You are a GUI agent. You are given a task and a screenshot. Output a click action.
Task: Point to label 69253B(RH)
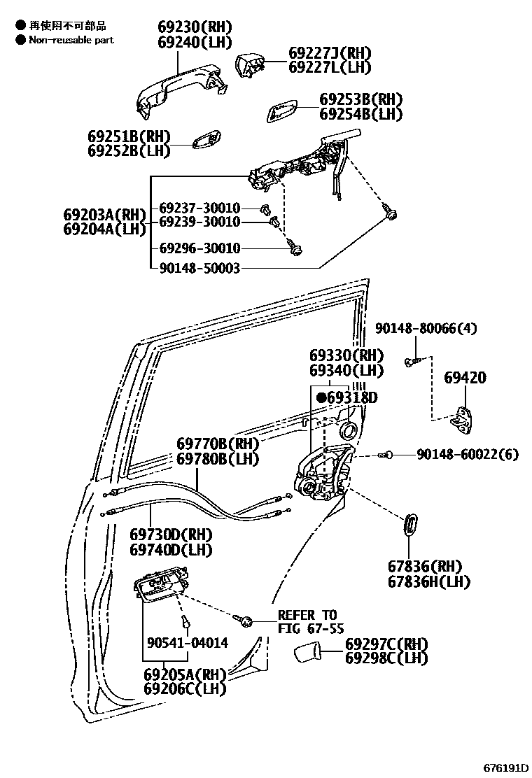pos(361,99)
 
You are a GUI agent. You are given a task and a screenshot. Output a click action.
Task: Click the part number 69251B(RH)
pos(129,136)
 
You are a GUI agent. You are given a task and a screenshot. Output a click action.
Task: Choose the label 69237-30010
pos(199,208)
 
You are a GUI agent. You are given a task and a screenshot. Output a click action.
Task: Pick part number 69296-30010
pos(199,248)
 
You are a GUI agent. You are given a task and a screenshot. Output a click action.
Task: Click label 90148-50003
pos(199,267)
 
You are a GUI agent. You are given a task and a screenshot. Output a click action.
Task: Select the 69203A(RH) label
pos(104,214)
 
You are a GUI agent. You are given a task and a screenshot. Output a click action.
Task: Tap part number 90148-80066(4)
pos(426,328)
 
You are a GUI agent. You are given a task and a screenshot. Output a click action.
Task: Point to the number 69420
pos(465,378)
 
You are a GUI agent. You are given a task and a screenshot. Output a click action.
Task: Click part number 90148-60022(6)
pos(468,455)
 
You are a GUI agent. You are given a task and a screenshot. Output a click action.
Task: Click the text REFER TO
pos(307,615)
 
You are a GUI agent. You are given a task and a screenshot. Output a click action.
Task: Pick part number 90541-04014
pos(188,642)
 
